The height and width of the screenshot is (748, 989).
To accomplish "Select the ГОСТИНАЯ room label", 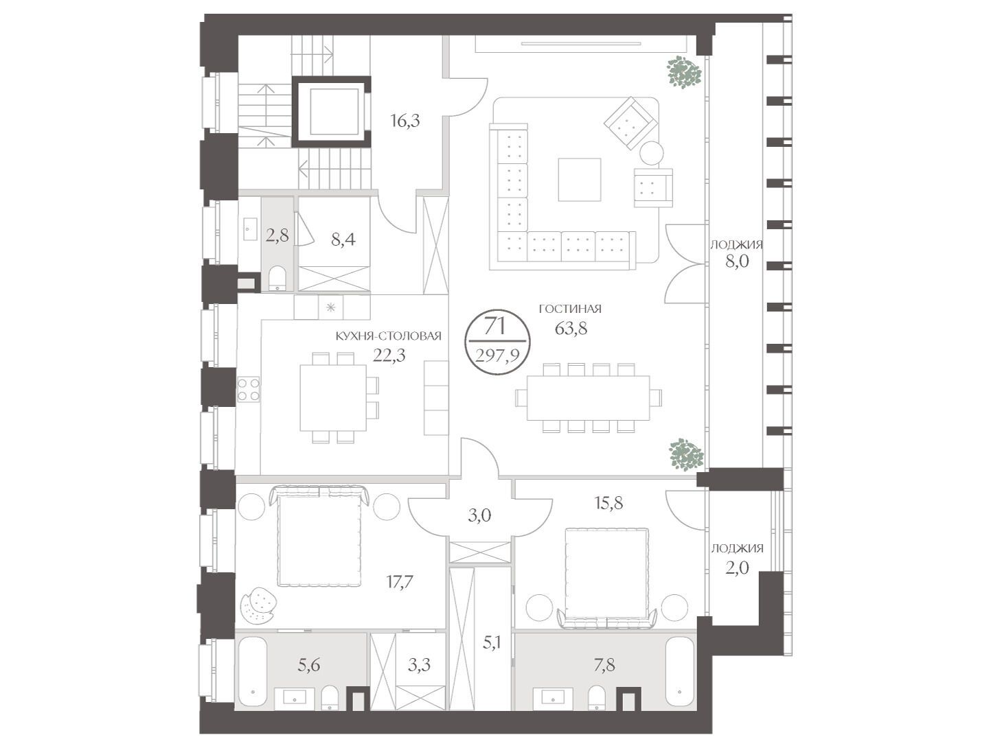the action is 570,309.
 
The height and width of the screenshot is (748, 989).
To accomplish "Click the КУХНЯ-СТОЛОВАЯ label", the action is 389,336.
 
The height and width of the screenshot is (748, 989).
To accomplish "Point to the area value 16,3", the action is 405,121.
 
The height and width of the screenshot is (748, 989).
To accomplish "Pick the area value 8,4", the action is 343,239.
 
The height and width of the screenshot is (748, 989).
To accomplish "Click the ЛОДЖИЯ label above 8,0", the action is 737,245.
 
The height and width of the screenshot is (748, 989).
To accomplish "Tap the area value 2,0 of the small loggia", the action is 737,568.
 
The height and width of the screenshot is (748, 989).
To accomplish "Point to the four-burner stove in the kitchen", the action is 248,389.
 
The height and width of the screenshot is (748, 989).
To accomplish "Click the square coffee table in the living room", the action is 579,180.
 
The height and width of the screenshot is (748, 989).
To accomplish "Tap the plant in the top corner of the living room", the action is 684,72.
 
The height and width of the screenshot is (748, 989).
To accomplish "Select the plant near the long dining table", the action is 686,456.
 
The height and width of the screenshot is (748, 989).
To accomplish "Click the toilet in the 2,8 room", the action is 277,278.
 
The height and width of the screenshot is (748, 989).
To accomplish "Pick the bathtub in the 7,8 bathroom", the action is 679,672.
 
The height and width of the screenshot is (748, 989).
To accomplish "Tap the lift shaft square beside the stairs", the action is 331,112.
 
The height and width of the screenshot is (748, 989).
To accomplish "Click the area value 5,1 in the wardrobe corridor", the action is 491,643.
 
